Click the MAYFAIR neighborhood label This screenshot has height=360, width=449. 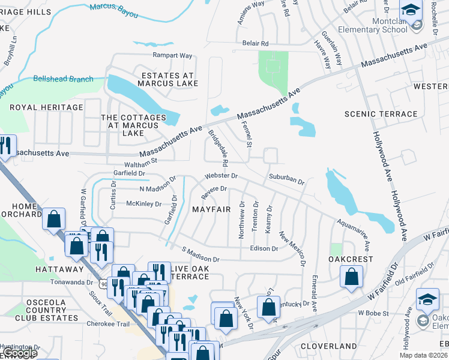211,209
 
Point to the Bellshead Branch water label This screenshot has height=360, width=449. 64,79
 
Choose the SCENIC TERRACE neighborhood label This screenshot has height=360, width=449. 381,114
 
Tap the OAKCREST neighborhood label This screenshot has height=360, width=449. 351,259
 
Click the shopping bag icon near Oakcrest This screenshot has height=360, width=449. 352,277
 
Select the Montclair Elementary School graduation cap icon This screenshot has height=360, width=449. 411,10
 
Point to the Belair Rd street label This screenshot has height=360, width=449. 256,44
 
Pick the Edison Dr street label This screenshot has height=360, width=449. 264,248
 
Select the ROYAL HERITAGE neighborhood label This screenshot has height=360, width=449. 46,107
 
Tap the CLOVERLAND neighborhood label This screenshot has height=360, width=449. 329,346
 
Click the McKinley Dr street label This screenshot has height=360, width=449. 144,204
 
